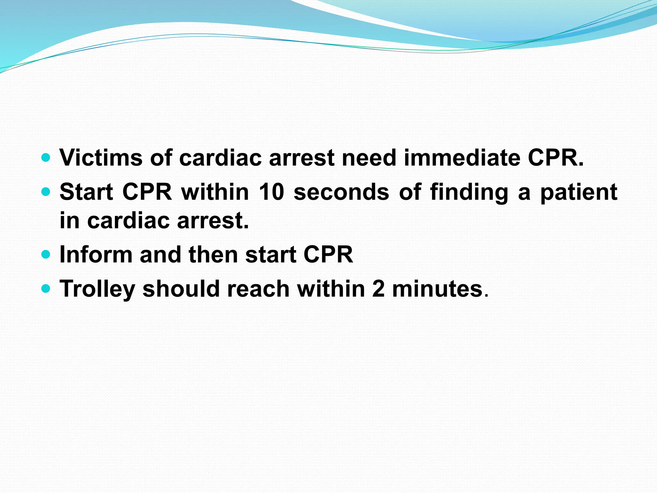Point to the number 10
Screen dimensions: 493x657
(271, 192)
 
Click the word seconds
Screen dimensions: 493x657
(341, 192)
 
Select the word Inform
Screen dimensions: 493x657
(96, 255)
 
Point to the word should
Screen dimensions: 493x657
(181, 289)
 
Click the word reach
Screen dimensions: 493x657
(258, 289)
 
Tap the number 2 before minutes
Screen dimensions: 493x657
(378, 289)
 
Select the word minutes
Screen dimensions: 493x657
(438, 289)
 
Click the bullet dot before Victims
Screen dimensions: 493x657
(46, 158)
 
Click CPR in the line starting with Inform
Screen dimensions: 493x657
(328, 255)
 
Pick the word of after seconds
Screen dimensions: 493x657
(410, 192)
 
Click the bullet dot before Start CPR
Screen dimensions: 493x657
(46, 192)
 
